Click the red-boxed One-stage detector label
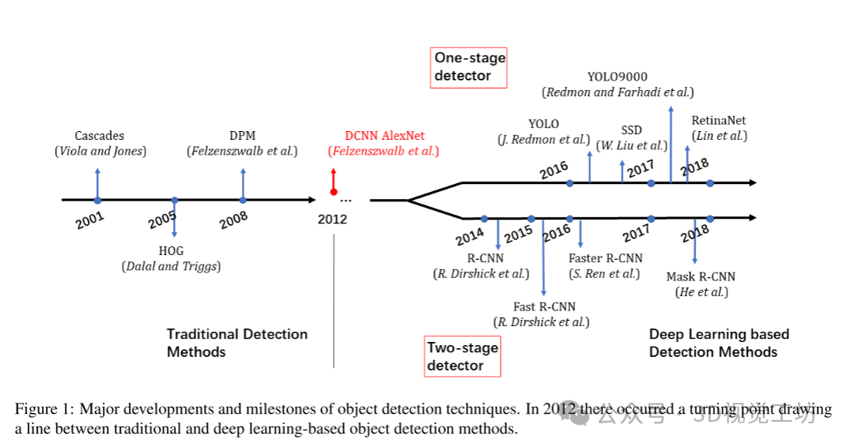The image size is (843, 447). coord(469,67)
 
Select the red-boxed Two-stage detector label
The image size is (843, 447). coord(463,356)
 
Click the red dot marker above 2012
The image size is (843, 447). coord(334,192)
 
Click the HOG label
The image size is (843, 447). coord(171,251)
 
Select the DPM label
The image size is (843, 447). coord(242,136)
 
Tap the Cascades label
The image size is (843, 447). coord(100,136)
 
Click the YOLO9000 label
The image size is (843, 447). coord(618,77)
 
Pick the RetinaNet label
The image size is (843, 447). coord(718,121)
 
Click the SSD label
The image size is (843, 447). coord(631,130)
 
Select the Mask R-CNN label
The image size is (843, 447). coord(701,276)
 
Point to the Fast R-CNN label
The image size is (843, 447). coord(544,306)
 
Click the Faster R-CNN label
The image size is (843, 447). coord(605,258)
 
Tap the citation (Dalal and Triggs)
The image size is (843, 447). coord(171,266)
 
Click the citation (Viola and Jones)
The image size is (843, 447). coord(100,151)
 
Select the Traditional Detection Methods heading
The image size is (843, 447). coord(236,343)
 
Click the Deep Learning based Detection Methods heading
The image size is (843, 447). coord(719,343)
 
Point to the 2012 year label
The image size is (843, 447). coord(332,219)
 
